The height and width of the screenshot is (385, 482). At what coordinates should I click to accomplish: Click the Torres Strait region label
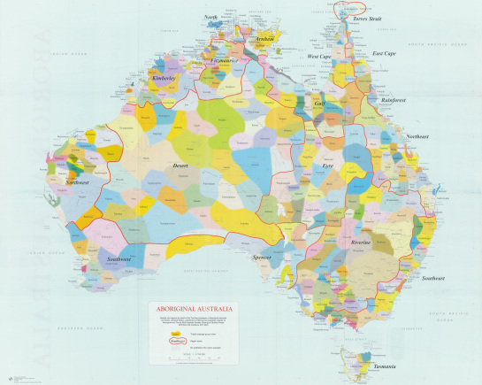pyautogui.click(x=367, y=18)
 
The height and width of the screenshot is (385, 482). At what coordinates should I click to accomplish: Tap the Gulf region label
pyautogui.click(x=320, y=104)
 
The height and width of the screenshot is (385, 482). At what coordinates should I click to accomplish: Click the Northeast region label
pyautogui.click(x=417, y=137)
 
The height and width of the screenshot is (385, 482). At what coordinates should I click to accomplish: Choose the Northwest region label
pyautogui.click(x=77, y=181)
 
